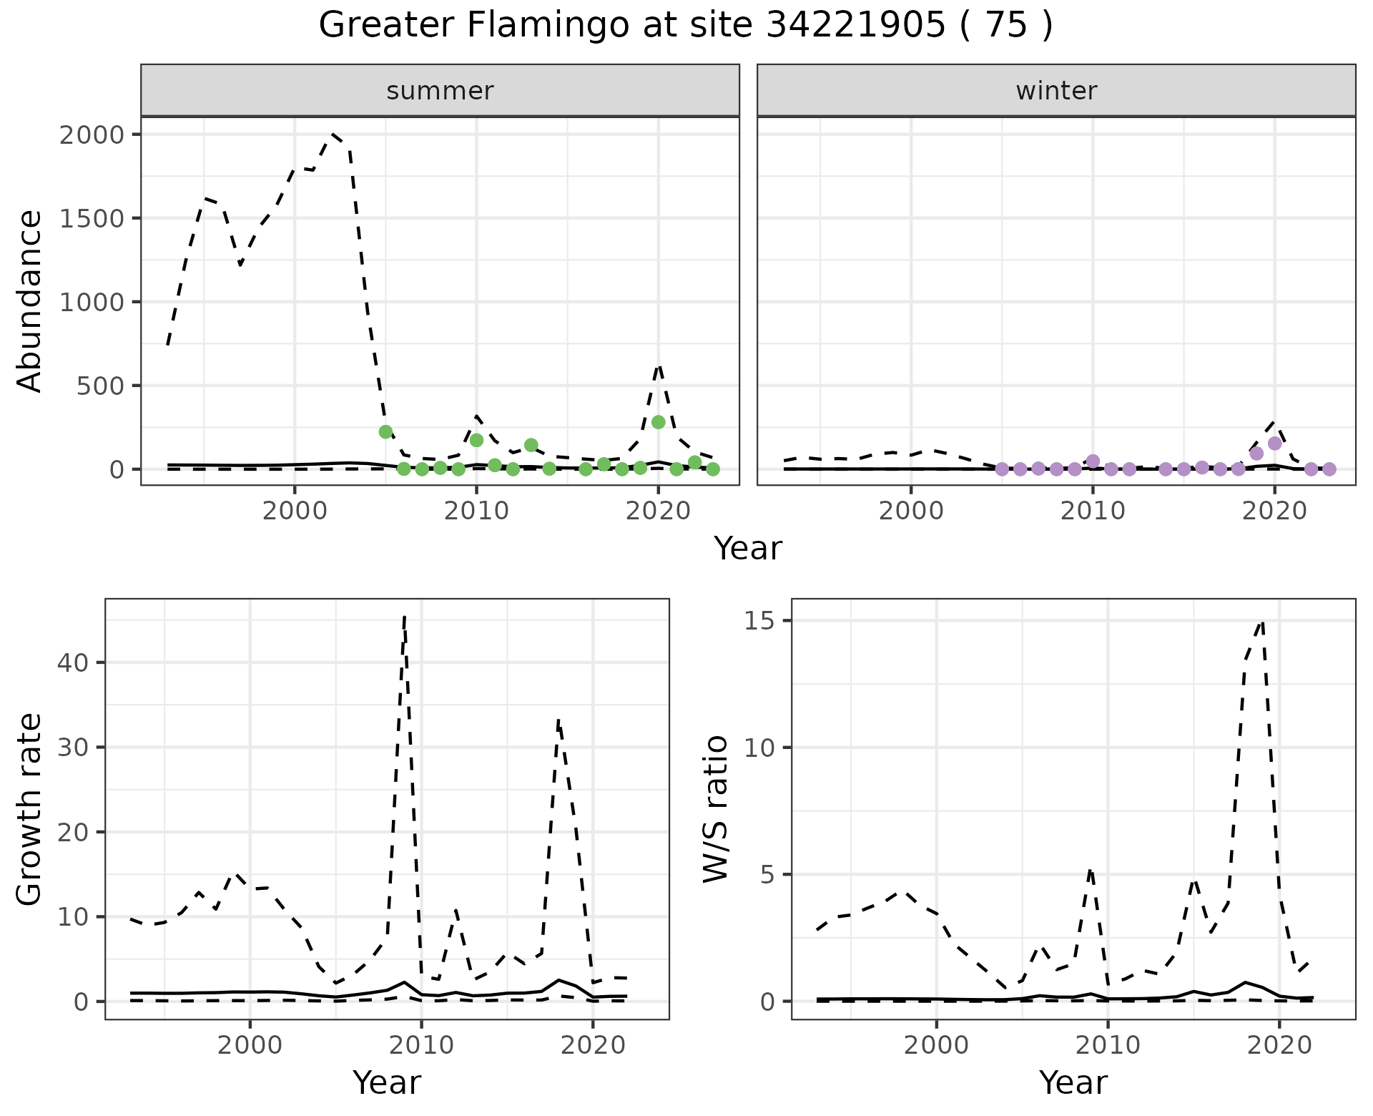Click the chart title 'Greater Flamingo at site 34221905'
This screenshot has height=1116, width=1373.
click(x=685, y=26)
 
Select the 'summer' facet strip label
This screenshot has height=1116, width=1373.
click(x=440, y=91)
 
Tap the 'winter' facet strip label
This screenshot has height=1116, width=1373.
click(x=1056, y=91)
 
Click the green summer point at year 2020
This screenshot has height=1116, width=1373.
click(x=659, y=422)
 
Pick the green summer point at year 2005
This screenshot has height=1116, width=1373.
click(x=385, y=431)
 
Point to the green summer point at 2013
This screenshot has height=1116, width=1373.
click(x=531, y=445)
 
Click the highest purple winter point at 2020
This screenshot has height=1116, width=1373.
click(x=1274, y=444)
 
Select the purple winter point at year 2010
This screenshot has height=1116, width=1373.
click(x=1093, y=461)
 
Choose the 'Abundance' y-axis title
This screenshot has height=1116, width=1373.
click(x=30, y=300)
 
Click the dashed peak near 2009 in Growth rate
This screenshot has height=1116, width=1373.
click(x=405, y=617)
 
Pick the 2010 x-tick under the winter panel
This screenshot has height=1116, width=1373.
click(x=1093, y=511)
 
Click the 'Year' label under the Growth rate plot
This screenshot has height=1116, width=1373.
click(x=387, y=1082)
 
